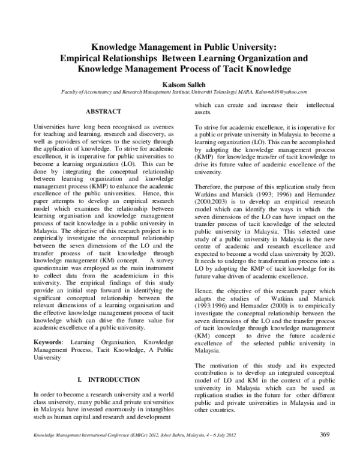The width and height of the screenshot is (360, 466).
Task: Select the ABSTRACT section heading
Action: click(104, 112)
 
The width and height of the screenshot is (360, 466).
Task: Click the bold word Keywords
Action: click(50, 341)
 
